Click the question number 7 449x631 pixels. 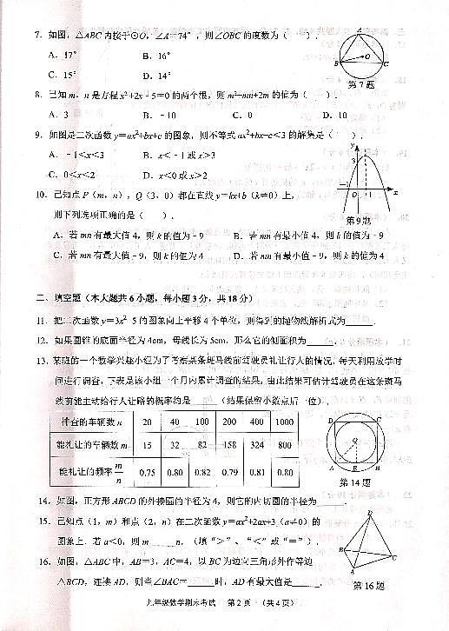pyautogui.click(x=37, y=35)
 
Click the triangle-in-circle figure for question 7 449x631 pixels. pyautogui.click(x=363, y=50)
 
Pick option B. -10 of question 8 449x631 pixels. pyautogui.click(x=161, y=114)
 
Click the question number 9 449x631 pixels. pyautogui.click(x=37, y=136)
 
